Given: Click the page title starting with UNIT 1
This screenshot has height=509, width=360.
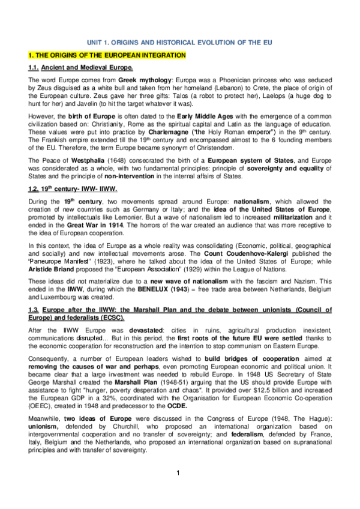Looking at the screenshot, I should [x=179, y=44].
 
